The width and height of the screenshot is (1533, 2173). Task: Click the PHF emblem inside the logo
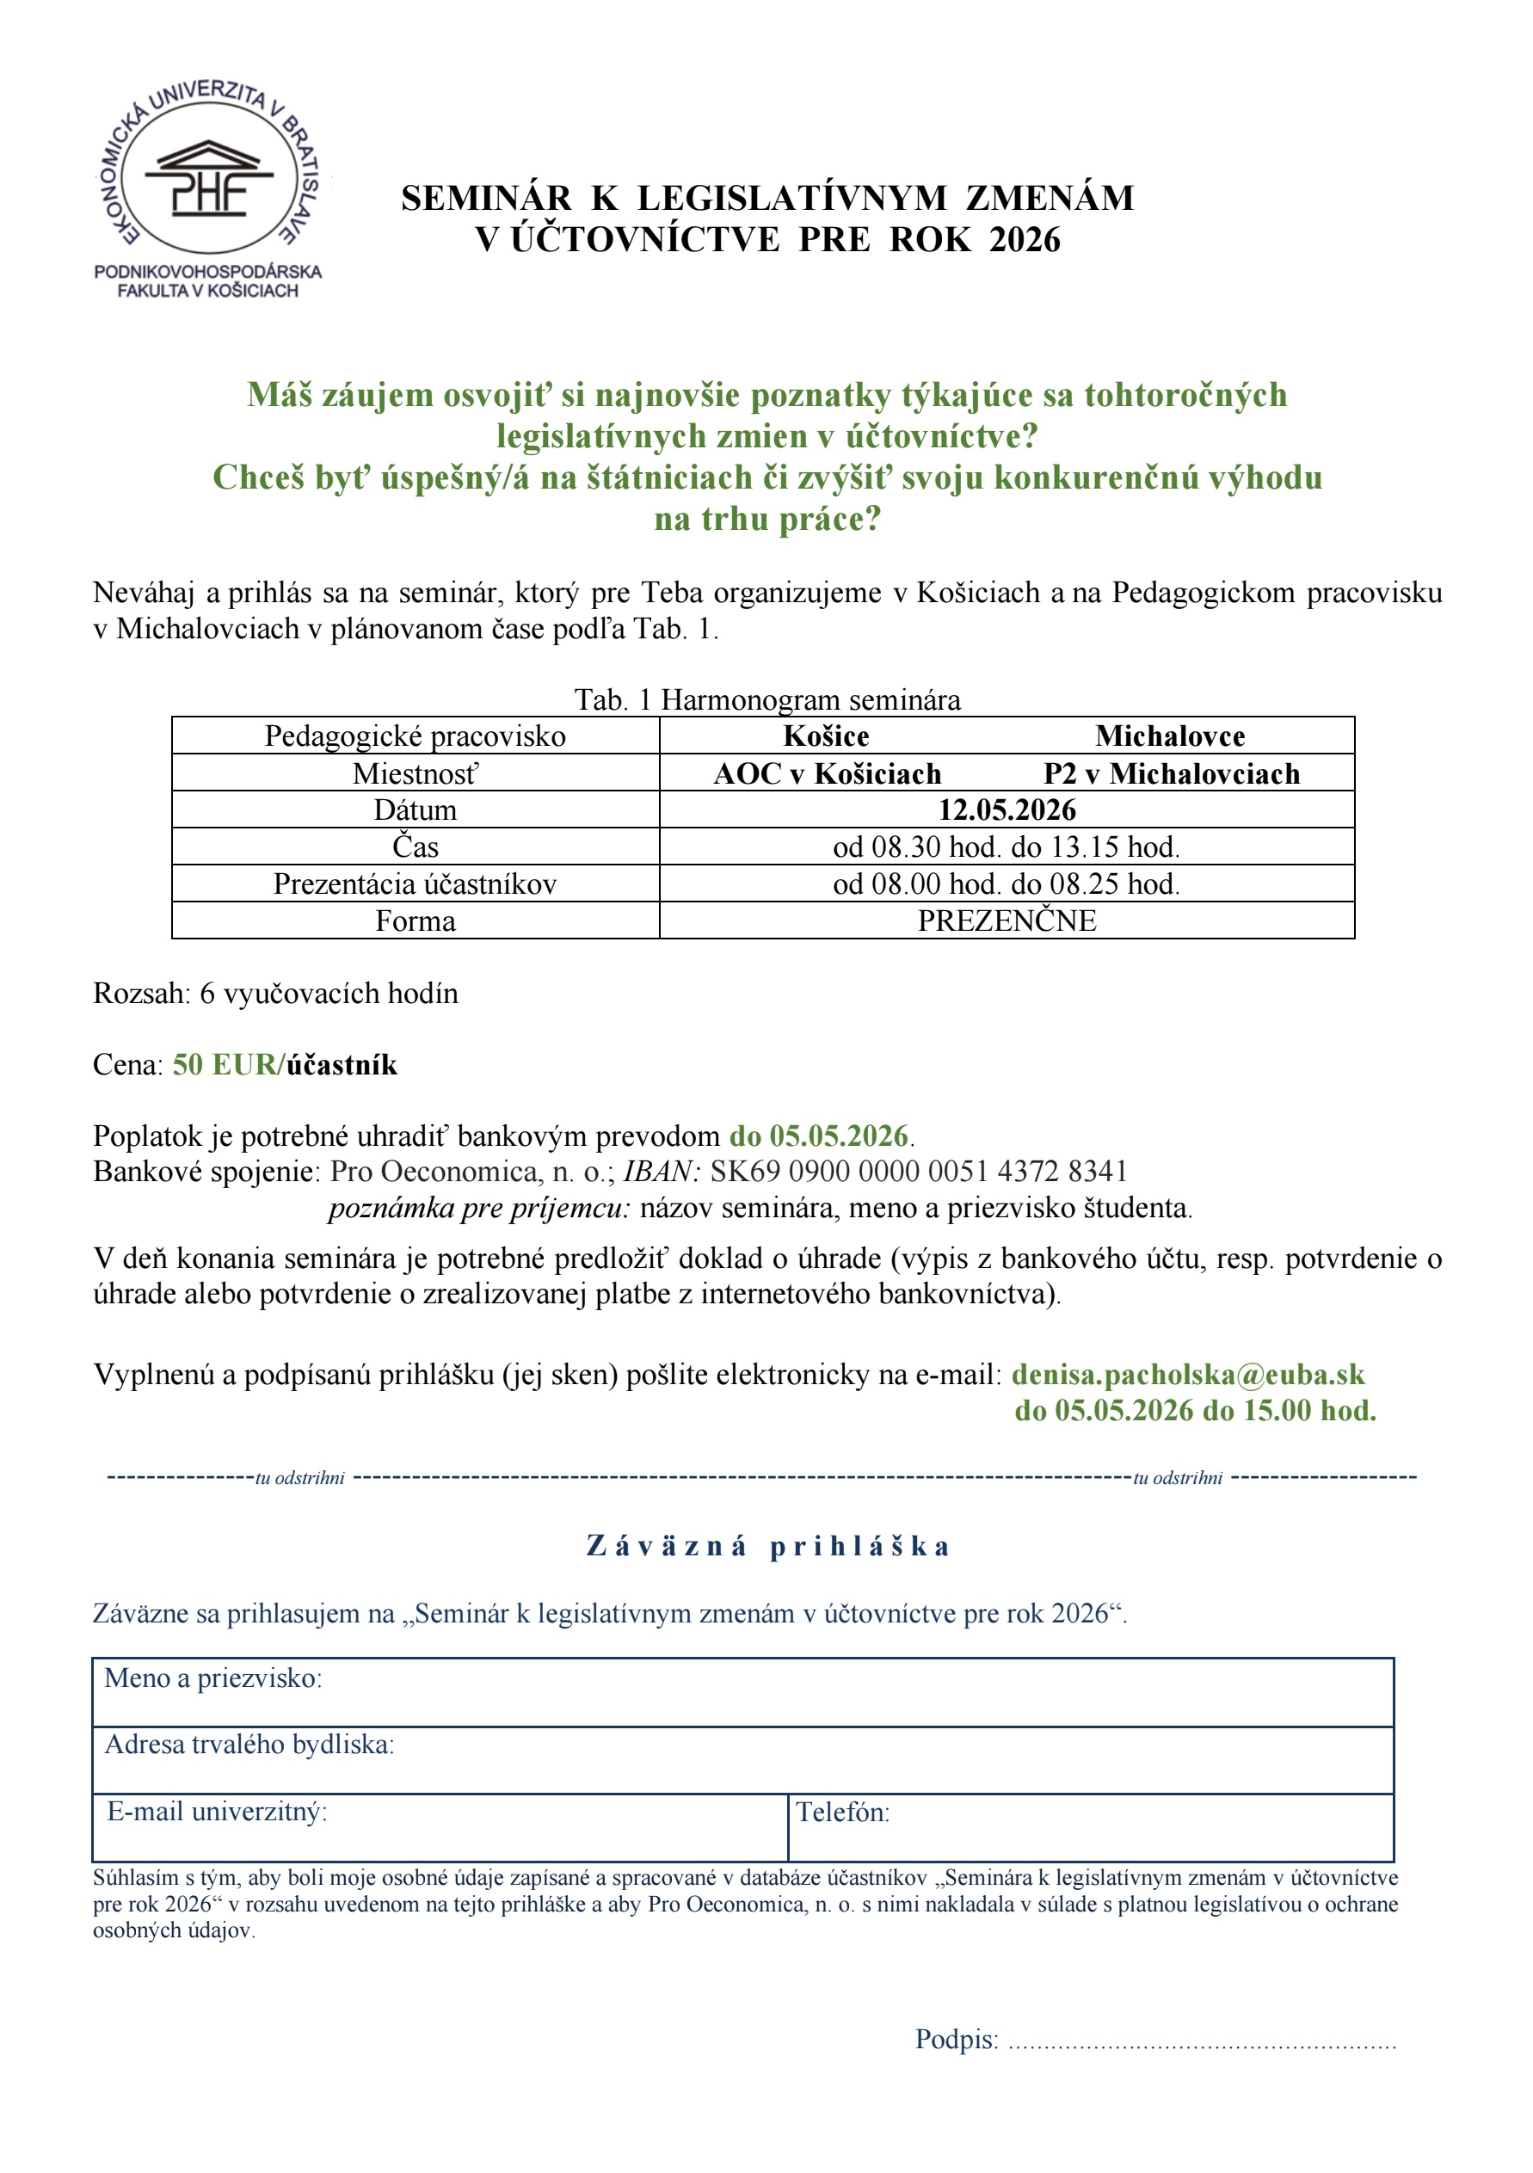click(x=208, y=180)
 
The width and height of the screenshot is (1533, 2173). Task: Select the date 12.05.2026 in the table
click(x=1006, y=810)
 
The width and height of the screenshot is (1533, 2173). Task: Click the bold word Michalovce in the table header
click(x=1170, y=736)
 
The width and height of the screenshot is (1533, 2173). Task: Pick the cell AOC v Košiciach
click(x=827, y=774)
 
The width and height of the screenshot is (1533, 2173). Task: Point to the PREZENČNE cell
click(x=1006, y=920)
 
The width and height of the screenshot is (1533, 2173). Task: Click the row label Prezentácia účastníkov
click(x=415, y=884)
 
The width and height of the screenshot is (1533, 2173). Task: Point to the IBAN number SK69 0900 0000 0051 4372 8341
click(x=918, y=1172)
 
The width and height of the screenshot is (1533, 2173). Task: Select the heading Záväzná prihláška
click(x=767, y=1547)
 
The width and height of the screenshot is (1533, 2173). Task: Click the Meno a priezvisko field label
click(x=213, y=1679)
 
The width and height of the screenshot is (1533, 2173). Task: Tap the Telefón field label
click(x=842, y=1813)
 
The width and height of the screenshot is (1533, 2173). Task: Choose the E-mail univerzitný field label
click(x=217, y=1813)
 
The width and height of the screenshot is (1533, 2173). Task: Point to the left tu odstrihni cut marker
click(x=299, y=1478)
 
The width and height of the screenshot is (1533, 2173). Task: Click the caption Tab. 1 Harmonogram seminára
click(x=767, y=700)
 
